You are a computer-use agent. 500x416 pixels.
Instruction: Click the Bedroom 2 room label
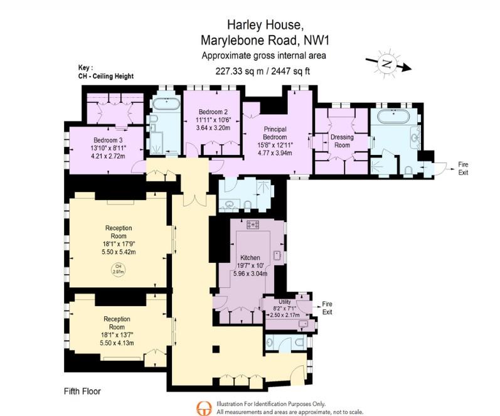tap(213, 112)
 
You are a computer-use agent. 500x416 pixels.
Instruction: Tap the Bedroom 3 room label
tap(108, 140)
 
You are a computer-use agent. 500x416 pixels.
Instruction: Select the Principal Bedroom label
tap(275, 133)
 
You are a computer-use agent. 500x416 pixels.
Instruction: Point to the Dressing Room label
tap(342, 141)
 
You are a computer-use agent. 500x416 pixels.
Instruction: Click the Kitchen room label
tap(250, 257)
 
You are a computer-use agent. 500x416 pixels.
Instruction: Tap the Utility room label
tap(284, 302)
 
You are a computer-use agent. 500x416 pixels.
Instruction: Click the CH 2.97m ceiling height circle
tap(119, 269)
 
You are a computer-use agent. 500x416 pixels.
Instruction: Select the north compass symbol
tap(388, 63)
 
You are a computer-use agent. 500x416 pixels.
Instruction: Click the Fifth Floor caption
tap(82, 391)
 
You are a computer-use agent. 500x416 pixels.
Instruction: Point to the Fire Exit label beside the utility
tap(327, 308)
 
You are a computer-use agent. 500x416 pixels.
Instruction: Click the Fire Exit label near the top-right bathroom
tap(463, 168)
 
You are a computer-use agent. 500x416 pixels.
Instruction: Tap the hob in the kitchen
tap(253, 225)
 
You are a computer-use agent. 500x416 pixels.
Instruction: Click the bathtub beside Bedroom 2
tap(166, 104)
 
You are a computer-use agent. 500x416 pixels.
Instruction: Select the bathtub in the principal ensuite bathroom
tap(393, 116)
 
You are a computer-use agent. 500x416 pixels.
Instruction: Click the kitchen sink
tap(277, 256)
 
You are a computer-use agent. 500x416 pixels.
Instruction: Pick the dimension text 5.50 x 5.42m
tap(119, 252)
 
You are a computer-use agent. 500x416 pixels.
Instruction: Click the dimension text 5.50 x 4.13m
tap(117, 343)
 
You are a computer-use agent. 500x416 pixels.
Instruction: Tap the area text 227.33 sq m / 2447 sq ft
tap(263, 71)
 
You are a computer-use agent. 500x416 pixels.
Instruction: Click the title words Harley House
tap(263, 24)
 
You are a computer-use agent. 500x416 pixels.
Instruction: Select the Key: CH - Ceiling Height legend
tap(106, 72)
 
